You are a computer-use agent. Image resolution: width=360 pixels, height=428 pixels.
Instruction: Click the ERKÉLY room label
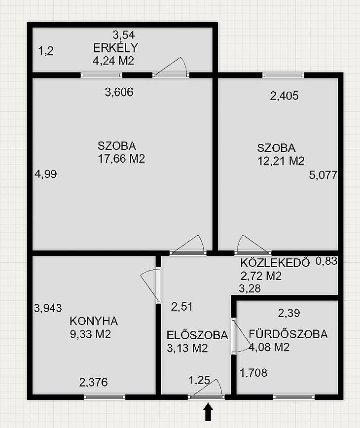coord(115,47)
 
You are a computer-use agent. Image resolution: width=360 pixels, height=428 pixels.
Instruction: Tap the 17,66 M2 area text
coord(121,159)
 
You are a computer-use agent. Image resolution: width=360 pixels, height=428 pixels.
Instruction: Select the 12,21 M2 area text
coord(281,161)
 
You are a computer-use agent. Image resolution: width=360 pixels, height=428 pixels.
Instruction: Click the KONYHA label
coord(94,321)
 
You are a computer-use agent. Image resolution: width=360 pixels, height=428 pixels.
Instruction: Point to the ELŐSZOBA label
coord(197,335)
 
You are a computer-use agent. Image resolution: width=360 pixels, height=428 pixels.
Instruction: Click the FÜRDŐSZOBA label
coord(288,334)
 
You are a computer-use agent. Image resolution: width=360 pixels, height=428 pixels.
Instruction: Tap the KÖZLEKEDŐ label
coord(275,263)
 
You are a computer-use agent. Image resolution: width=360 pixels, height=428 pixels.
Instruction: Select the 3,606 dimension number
coord(119,92)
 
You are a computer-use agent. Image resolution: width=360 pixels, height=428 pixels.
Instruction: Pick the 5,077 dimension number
coord(323,175)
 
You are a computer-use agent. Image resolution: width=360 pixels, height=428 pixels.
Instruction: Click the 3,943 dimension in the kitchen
coord(48,308)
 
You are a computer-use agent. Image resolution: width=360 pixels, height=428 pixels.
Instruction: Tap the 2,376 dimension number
coord(93,382)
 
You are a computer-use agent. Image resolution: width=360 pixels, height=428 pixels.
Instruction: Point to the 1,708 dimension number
coord(253,373)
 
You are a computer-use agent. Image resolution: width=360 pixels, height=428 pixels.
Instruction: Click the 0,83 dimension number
coord(326,261)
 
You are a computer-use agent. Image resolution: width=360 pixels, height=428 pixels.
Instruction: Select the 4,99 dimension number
coord(45,174)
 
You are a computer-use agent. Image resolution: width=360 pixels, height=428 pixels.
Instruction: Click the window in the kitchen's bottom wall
coord(104,397)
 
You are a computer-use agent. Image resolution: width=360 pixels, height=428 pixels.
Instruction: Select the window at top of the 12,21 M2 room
coord(283,75)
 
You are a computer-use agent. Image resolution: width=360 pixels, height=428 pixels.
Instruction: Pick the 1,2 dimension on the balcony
coord(46,51)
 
